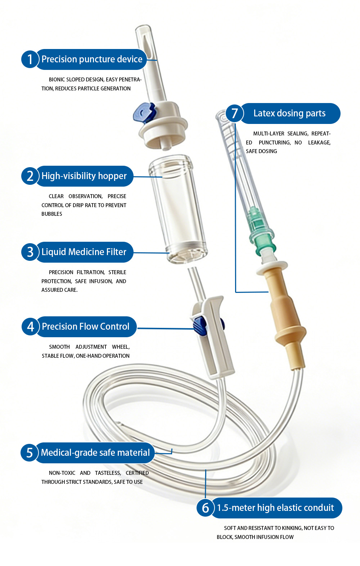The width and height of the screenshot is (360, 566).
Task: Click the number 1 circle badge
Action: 30,59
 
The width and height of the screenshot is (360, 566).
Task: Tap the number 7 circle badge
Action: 234,113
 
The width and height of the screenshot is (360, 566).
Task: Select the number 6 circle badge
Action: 206,508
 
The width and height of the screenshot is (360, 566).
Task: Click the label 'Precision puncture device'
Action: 92,59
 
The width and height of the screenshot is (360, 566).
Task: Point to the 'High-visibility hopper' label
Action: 84,176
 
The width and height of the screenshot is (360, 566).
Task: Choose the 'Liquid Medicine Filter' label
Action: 84,252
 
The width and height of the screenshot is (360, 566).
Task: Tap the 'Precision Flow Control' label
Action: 86,326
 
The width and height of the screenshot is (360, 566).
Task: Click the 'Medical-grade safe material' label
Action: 95,453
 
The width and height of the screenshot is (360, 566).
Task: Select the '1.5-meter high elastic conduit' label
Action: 276,508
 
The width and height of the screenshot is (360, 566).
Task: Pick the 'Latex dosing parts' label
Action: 289,113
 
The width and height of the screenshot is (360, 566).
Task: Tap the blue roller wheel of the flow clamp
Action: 200,327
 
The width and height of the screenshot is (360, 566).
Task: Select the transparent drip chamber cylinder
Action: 178,209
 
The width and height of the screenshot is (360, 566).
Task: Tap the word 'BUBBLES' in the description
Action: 52,214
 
